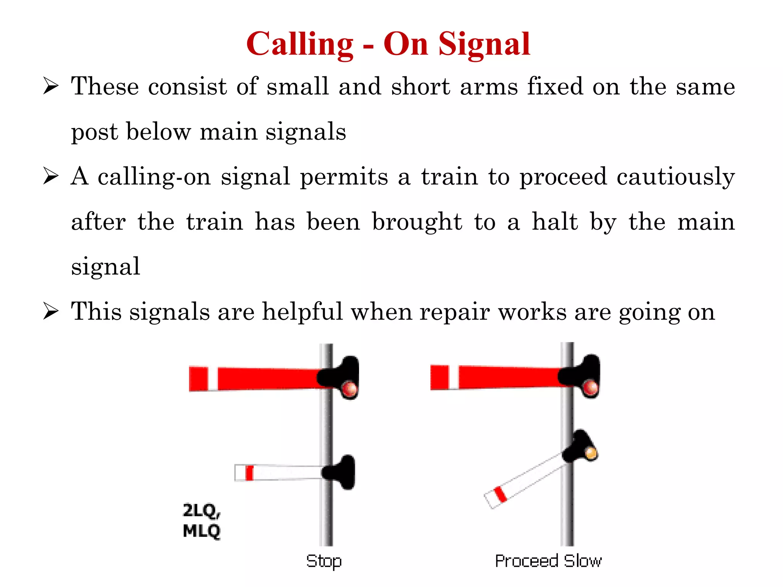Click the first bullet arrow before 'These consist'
pos(51,86)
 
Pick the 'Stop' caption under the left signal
pos(324,561)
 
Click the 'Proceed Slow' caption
pos(548,561)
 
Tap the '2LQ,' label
pos(201,511)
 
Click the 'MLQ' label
pos(201,531)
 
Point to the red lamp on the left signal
pos(349,389)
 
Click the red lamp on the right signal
pos(590,388)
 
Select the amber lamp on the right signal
pos(591,454)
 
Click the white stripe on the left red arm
pos(213,379)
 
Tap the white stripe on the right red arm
pos(454,377)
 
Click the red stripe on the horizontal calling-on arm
pos(249,473)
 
